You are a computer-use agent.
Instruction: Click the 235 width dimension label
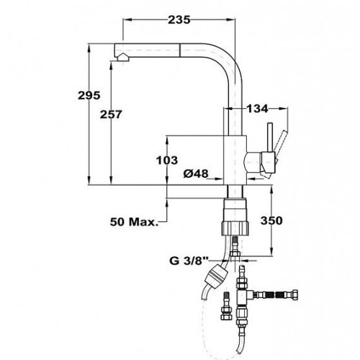(179, 19)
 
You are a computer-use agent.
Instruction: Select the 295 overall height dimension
(89, 96)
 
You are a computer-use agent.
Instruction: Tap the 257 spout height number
(111, 114)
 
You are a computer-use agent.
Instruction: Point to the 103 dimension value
(167, 160)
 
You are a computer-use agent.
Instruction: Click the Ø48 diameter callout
(196, 174)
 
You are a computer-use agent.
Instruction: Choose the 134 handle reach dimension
(257, 109)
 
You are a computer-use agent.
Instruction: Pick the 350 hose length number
(271, 220)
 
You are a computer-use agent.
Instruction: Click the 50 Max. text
(134, 222)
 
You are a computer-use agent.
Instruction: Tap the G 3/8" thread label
(189, 261)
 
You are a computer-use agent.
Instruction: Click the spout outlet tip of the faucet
(122, 58)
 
